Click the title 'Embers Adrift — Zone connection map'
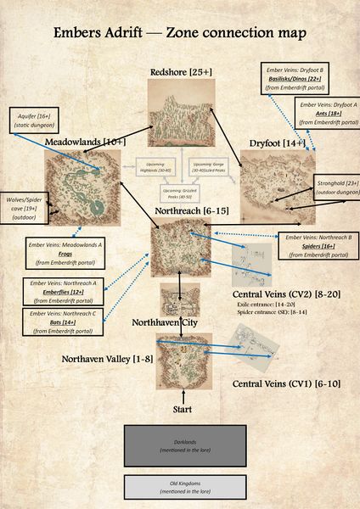click(180, 35)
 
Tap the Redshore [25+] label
click(180, 71)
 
